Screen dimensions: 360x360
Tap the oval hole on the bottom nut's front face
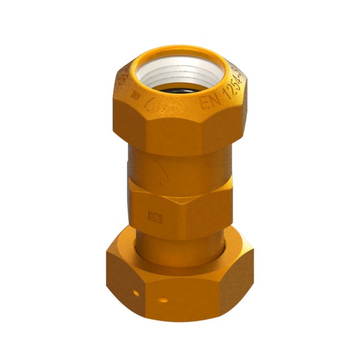tap(163, 298)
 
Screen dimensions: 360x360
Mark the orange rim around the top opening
tap(180, 50)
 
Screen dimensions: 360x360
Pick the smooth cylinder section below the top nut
tap(180, 171)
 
